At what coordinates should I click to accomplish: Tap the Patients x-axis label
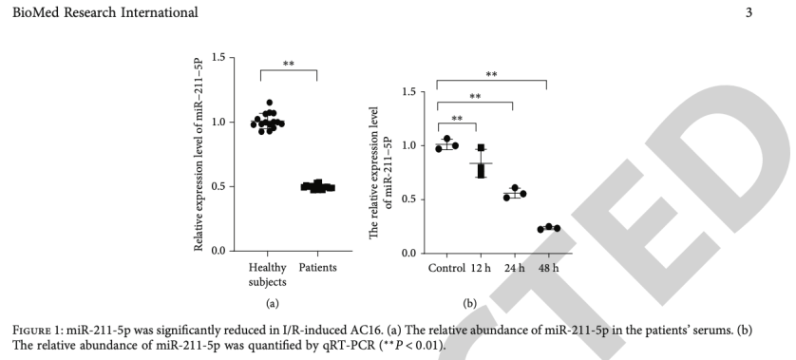(317, 268)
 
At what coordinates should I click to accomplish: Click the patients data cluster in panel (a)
(317, 186)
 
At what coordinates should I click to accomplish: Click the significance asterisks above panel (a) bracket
(289, 65)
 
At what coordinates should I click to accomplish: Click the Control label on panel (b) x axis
(446, 267)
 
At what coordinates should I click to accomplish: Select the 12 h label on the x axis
(481, 267)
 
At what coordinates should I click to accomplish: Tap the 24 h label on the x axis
(514, 267)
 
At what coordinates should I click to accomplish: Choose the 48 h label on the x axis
(548, 267)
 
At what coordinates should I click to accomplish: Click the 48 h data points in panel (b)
(548, 228)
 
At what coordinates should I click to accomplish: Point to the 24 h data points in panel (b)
(514, 193)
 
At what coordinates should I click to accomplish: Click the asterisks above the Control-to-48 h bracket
(491, 74)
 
